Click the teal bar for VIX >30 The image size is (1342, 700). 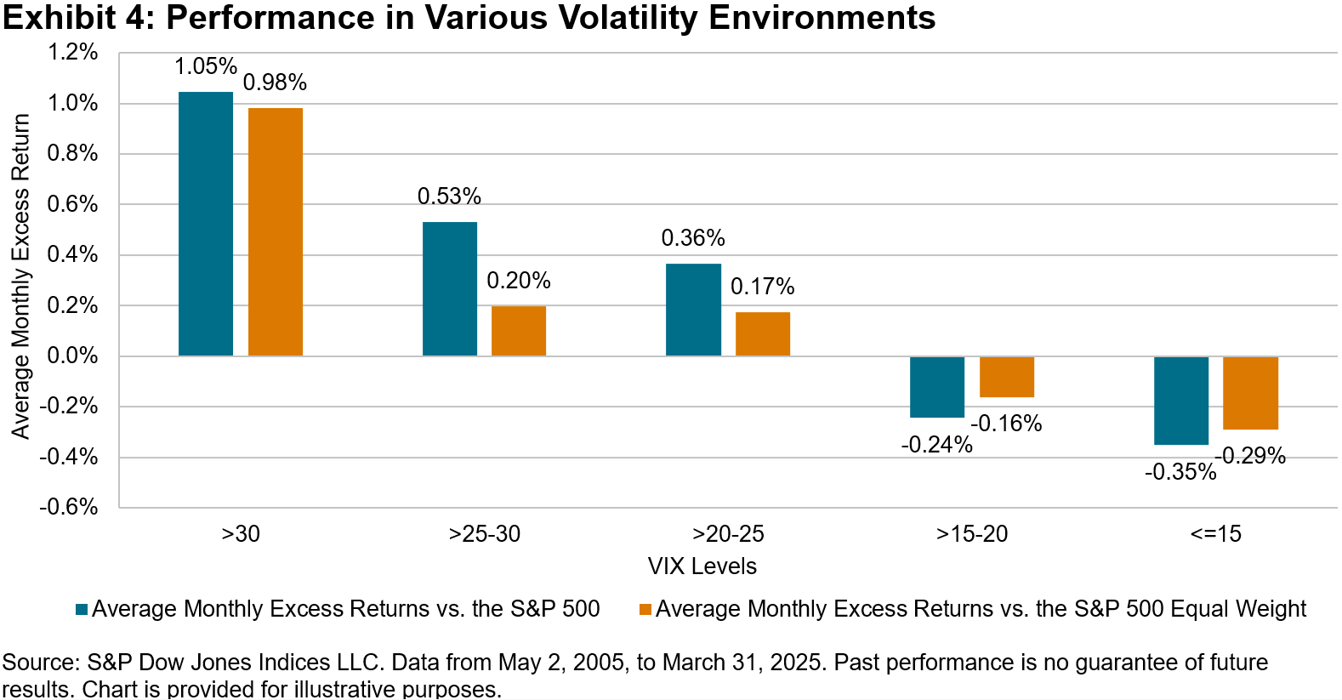click(206, 224)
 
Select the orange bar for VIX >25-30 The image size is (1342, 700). click(519, 331)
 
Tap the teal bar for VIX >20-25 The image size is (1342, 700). click(693, 310)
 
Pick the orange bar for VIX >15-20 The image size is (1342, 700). click(1007, 377)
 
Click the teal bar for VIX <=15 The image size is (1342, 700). click(1181, 401)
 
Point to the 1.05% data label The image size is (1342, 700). click(206, 66)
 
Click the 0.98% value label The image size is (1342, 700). click(275, 83)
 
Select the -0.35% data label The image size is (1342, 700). click(1180, 472)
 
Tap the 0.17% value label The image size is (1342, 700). click(762, 287)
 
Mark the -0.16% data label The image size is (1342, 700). click(1006, 424)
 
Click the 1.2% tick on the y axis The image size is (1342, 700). click(73, 53)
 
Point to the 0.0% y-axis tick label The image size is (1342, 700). click(73, 356)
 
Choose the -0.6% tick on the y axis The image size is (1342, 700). click(69, 507)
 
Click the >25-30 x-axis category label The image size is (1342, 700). click(485, 534)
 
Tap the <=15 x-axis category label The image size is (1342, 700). click(1216, 534)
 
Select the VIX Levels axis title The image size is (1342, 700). click(702, 566)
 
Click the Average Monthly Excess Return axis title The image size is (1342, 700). click(20, 276)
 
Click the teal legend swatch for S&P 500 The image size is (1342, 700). click(82, 609)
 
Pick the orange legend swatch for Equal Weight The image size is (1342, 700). click(645, 609)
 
